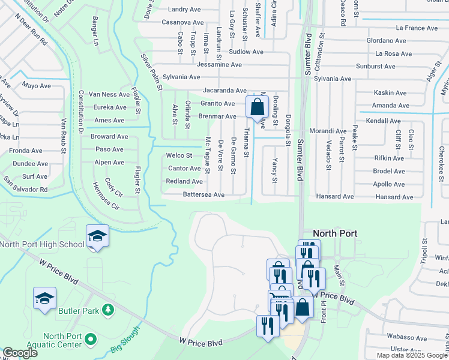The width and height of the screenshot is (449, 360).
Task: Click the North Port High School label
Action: click(x=42, y=244)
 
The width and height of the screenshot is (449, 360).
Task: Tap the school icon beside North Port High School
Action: click(x=97, y=236)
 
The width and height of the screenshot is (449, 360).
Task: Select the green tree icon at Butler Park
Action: click(x=108, y=310)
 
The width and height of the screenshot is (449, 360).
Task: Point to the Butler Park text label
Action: click(x=77, y=310)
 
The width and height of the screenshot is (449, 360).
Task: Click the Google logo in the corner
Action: click(x=20, y=353)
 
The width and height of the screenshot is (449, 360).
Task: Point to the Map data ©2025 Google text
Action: click(x=412, y=355)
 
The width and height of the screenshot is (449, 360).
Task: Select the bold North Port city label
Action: click(x=335, y=233)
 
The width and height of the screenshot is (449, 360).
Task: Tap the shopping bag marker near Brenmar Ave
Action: click(x=257, y=109)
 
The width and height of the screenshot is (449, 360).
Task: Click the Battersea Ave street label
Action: click(x=203, y=195)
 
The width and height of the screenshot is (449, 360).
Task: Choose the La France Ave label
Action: click(x=417, y=28)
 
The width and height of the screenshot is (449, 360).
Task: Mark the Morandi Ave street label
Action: click(x=328, y=131)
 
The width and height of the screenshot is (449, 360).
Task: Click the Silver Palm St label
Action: click(x=152, y=71)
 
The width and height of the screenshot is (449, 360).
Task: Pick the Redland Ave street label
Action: click(x=184, y=181)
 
